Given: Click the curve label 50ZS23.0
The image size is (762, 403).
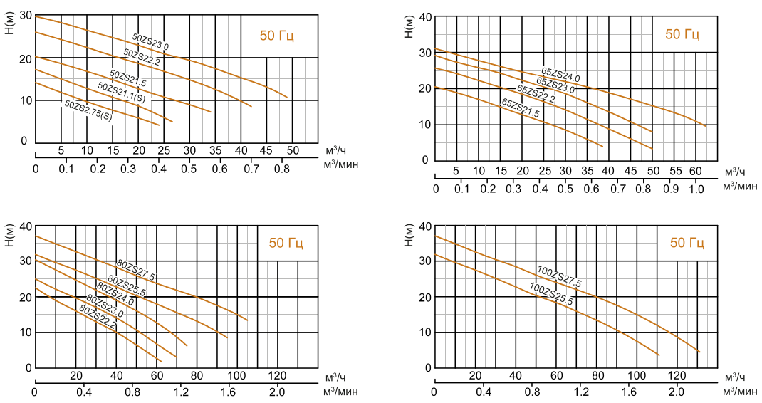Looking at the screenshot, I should (x=150, y=42).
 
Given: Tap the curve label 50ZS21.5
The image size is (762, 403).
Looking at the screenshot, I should (x=128, y=78).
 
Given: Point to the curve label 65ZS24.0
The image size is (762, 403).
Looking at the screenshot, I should (x=560, y=75).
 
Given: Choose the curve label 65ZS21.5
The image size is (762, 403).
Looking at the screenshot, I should (x=521, y=108).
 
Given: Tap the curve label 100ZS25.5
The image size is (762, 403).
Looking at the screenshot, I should (x=551, y=293).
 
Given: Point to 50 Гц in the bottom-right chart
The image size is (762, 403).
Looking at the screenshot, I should (x=687, y=243).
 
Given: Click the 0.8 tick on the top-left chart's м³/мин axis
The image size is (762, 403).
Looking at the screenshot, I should (x=281, y=169).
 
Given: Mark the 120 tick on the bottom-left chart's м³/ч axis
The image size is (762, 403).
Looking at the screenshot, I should (x=277, y=375).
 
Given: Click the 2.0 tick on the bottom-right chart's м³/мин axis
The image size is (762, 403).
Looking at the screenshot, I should (x=676, y=392).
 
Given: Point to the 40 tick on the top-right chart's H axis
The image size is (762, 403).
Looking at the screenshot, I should (x=424, y=16).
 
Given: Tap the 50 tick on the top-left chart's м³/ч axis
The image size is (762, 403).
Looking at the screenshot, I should (x=292, y=151).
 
